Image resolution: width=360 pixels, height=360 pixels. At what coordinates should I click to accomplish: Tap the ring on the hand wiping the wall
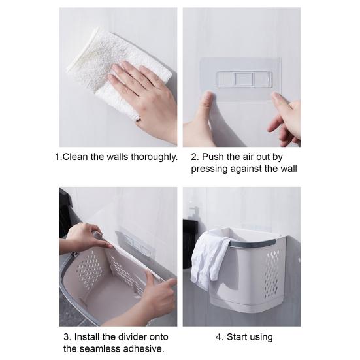(x=138, y=119)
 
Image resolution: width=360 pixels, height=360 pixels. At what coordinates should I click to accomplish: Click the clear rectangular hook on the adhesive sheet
(x=245, y=80)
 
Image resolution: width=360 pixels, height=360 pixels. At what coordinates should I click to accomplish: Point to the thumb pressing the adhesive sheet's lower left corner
(x=207, y=101)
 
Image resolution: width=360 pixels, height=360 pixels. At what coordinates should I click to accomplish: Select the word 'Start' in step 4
(x=237, y=337)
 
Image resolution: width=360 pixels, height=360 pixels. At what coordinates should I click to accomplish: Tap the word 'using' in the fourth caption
(x=261, y=338)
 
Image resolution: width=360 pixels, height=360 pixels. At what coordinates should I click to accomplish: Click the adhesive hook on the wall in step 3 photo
(x=135, y=241)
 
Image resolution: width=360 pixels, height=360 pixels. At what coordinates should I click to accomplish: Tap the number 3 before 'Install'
(x=67, y=337)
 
